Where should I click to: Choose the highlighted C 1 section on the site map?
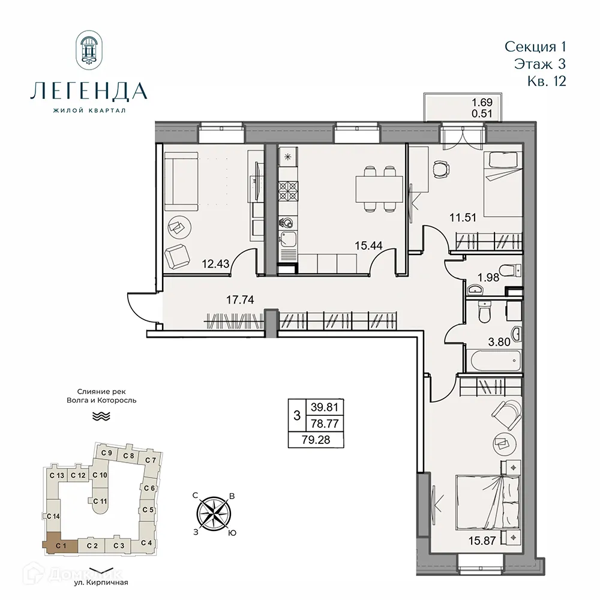[59, 545]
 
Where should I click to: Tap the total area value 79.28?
[317, 440]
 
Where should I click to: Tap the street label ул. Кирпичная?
[100, 582]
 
